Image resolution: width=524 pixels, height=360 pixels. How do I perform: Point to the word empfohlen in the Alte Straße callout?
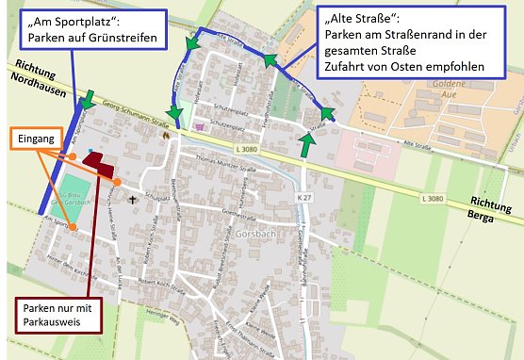[x=452, y=67]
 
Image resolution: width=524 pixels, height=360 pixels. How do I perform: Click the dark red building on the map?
[x=97, y=159]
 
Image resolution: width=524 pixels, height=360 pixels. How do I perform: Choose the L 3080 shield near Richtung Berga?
[x=433, y=198]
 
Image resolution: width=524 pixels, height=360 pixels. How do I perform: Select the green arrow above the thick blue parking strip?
[x=89, y=98]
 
